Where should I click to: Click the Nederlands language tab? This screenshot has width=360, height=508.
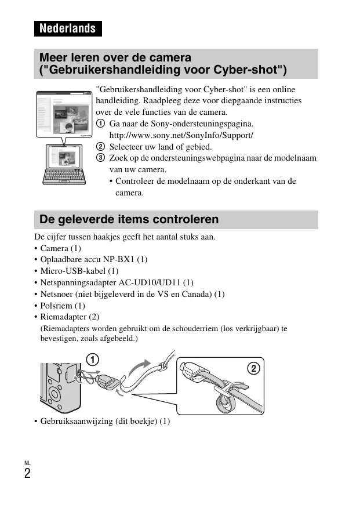(x=67, y=28)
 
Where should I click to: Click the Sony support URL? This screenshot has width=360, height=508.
(x=181, y=135)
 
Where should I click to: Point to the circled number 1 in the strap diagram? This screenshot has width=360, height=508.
(x=93, y=357)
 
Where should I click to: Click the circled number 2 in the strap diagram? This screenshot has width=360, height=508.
(x=253, y=369)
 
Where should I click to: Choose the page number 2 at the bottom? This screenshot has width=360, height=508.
(x=27, y=473)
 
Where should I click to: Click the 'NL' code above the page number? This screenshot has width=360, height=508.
(x=27, y=463)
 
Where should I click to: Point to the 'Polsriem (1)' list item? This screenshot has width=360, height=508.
(x=62, y=305)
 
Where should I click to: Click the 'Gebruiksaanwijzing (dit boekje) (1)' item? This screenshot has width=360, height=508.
(x=105, y=420)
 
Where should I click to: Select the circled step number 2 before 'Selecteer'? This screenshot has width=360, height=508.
(x=100, y=147)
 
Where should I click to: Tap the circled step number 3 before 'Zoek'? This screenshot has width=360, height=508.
(x=100, y=158)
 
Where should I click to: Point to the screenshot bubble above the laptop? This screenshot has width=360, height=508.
(x=64, y=114)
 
